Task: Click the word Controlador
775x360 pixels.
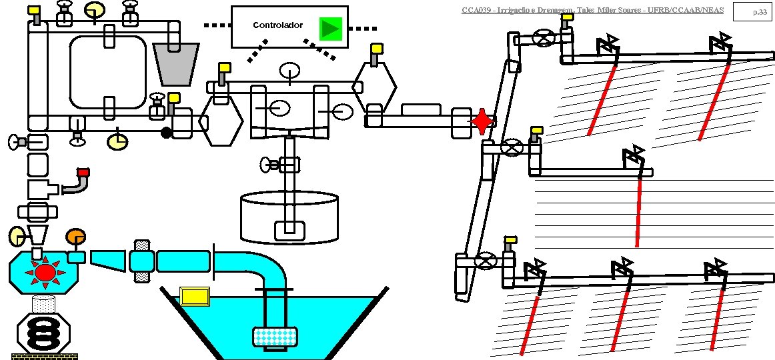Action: click(277, 25)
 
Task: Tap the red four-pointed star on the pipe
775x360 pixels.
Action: click(482, 122)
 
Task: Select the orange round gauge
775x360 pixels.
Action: click(75, 237)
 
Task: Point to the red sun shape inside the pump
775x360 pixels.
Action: click(45, 272)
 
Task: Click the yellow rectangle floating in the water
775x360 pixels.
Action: click(195, 295)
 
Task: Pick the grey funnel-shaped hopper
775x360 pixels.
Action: click(176, 64)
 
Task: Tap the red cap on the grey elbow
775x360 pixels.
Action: click(83, 173)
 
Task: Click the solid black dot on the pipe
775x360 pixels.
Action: click(166, 132)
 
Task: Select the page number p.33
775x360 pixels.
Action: click(759, 11)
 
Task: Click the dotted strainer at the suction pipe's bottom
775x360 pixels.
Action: click(274, 337)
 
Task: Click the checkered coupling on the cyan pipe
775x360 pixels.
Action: click(141, 261)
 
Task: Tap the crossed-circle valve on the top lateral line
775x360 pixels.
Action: click(546, 38)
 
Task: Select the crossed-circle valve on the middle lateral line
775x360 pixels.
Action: click(512, 147)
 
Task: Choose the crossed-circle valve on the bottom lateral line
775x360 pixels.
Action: click(488, 261)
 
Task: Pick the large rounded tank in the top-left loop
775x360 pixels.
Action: click(108, 71)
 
